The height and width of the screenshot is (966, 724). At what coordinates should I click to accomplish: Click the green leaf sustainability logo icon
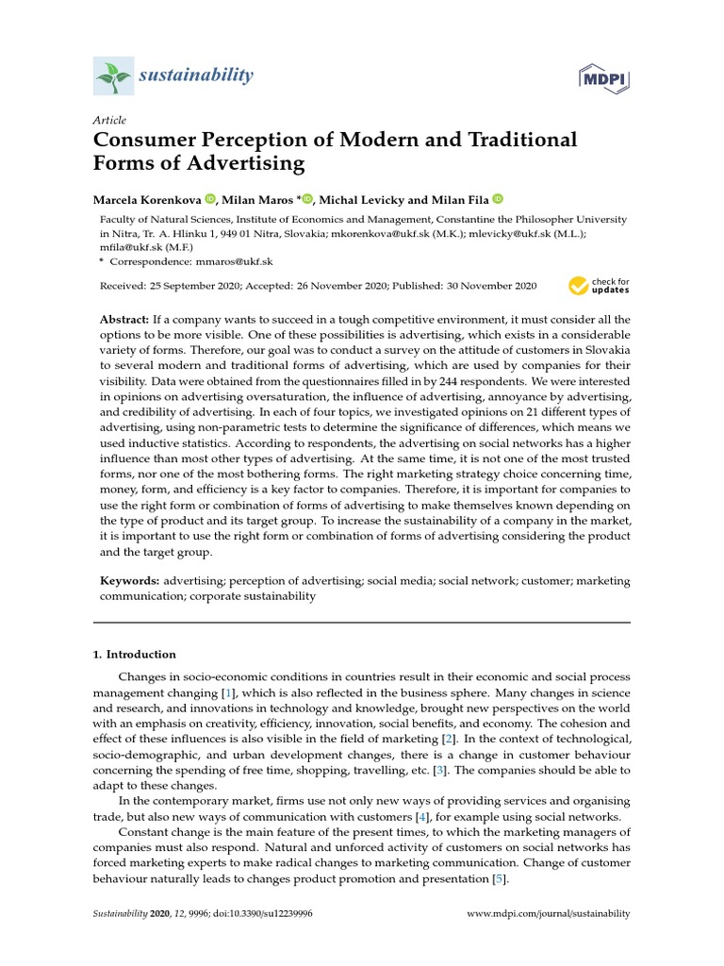click(113, 75)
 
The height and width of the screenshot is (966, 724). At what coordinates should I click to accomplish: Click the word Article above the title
click(108, 121)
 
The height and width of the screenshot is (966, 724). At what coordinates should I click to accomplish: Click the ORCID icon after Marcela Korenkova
click(209, 199)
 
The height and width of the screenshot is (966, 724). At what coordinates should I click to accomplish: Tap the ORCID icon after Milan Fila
click(497, 199)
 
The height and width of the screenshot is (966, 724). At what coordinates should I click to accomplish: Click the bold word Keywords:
click(130, 581)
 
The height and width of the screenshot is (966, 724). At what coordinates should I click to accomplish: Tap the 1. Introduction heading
click(134, 654)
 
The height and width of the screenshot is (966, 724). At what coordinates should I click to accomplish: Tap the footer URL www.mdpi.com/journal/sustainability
click(549, 914)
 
